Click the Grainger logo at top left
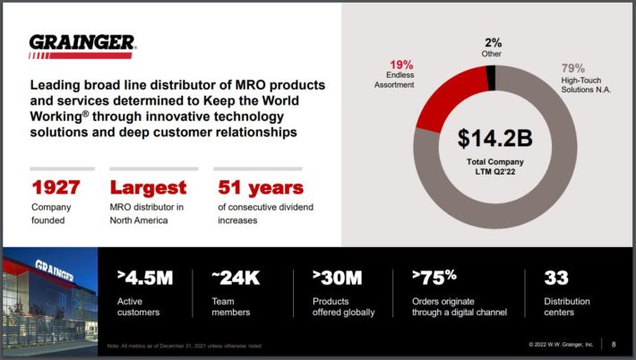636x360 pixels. point(82,45)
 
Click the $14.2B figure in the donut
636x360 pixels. point(495,139)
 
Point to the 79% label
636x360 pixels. point(573,67)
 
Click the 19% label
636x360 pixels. point(400,64)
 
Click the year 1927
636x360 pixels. point(56,188)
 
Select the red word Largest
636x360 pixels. point(148,188)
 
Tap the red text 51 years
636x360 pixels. point(261,188)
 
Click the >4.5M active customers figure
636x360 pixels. point(145,278)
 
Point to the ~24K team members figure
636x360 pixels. point(236,278)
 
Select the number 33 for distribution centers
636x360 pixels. point(556,278)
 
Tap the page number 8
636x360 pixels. point(614,344)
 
